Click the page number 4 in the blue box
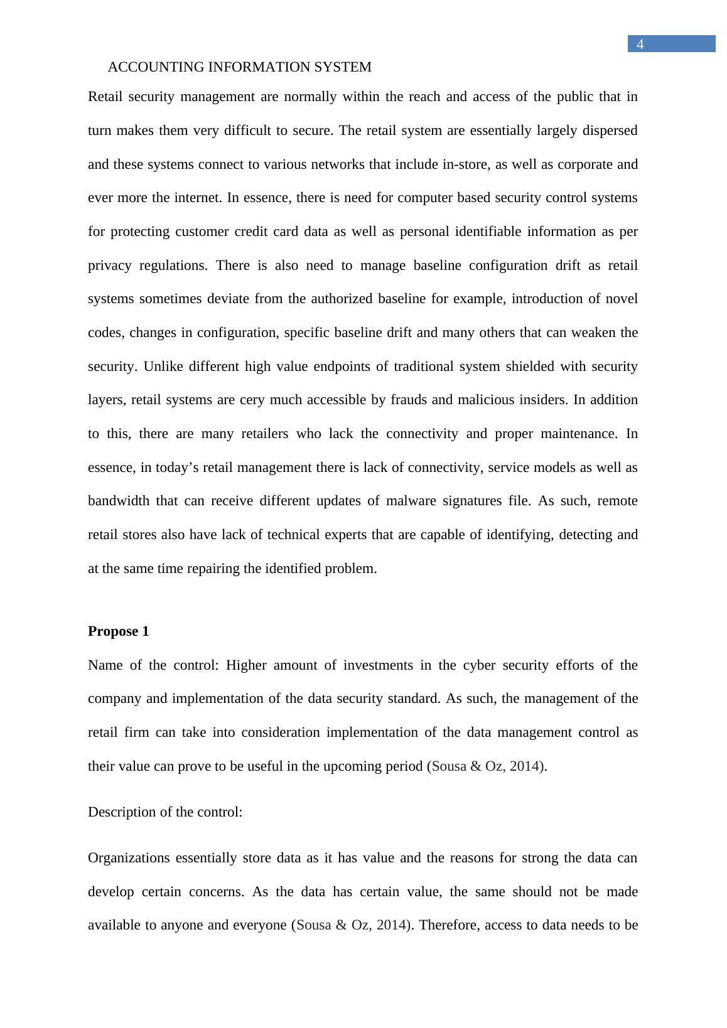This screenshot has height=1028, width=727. (640, 44)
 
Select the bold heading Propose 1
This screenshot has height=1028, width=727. (119, 631)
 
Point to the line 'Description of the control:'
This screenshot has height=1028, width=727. (165, 812)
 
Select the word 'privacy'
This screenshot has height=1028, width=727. (109, 265)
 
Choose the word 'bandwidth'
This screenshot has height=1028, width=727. (119, 501)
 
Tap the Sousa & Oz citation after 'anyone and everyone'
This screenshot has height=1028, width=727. (351, 925)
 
